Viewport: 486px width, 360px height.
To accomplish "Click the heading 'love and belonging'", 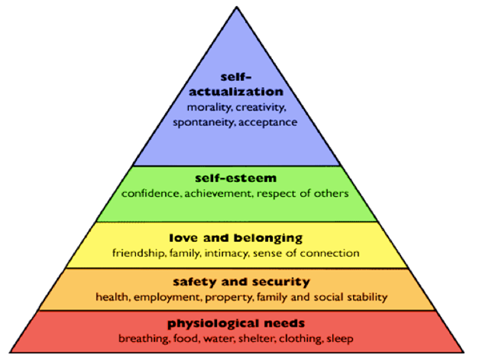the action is pyautogui.click(x=235, y=238).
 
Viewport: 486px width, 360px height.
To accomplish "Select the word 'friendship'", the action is pyautogui.click(x=138, y=253).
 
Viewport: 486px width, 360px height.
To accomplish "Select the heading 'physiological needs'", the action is pyautogui.click(x=234, y=323).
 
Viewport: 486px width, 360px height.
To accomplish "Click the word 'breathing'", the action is pyautogui.click(x=142, y=338).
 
